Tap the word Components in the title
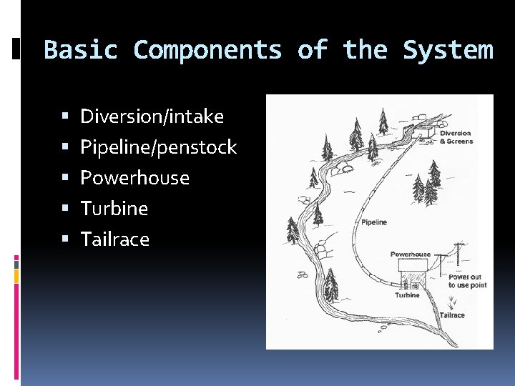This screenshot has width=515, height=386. [x=207, y=50]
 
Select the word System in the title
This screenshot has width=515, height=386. [x=448, y=50]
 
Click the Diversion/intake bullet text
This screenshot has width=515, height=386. [x=152, y=117]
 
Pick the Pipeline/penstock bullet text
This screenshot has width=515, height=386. [x=158, y=147]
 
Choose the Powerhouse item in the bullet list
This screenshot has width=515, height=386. [x=134, y=178]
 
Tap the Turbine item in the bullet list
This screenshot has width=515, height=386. [x=114, y=209]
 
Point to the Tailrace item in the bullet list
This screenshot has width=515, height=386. [x=115, y=239]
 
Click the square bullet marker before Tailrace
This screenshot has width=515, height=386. [x=65, y=239]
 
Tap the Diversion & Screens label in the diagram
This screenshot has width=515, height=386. [x=456, y=137]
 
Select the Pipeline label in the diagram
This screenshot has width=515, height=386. [x=374, y=222]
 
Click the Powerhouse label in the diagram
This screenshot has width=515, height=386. [x=411, y=254]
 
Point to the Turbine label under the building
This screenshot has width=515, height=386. [x=408, y=295]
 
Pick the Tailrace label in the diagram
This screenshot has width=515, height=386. [x=452, y=315]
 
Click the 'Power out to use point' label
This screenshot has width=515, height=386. [x=467, y=281]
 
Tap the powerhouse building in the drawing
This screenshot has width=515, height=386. [x=411, y=274]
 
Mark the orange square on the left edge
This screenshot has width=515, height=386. [x=16, y=274]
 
